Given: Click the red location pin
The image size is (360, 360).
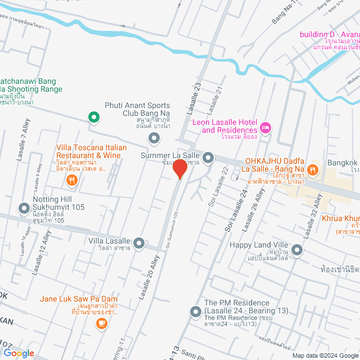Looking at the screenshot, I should [179, 168].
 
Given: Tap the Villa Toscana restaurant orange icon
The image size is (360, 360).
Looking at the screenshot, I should [71, 180].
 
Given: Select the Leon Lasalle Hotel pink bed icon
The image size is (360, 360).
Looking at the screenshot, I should [266, 129].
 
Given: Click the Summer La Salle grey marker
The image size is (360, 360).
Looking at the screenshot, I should [208, 157].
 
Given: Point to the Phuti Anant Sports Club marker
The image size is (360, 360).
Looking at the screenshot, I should [153, 138].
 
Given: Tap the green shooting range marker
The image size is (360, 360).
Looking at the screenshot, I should [94, 117].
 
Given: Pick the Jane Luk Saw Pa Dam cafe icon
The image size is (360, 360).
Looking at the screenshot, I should [101, 323].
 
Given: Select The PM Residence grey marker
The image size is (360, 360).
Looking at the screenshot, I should [196, 311].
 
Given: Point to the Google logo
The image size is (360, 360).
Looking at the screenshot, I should [19, 353].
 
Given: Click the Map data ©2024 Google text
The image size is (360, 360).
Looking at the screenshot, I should [323, 355].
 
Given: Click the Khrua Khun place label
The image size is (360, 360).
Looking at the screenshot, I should [340, 219].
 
